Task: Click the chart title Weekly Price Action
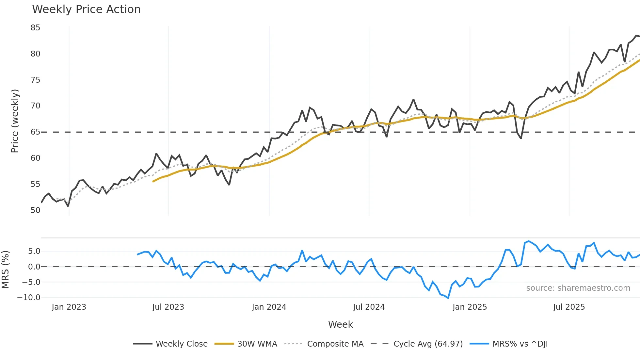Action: click(86, 9)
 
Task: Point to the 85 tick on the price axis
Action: click(35, 28)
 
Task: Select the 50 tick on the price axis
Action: click(35, 210)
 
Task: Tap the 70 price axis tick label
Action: click(35, 106)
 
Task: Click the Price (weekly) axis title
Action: click(15, 121)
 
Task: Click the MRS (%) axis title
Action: click(5, 270)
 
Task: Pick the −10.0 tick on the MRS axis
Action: click(29, 298)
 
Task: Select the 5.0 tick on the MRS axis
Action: click(34, 251)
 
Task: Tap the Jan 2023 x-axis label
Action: click(69, 307)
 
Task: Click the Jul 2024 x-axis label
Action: click(369, 307)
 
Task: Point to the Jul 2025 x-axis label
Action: click(569, 307)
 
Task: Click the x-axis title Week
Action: click(340, 324)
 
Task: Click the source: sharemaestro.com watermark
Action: click(578, 288)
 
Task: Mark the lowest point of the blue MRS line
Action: click(448, 298)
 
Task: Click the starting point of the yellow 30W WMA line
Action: click(153, 182)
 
